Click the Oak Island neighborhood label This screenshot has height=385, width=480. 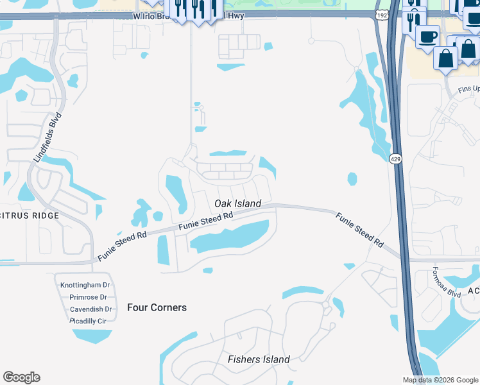(x=237, y=203)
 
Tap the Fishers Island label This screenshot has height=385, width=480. (x=259, y=359)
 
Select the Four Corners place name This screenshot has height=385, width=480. (x=157, y=307)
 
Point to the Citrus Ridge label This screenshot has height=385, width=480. (x=30, y=216)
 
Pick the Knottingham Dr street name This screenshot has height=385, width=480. (x=85, y=285)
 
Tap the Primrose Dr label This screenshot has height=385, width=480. (x=88, y=297)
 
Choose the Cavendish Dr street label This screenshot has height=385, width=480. (x=90, y=309)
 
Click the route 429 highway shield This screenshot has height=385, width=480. (x=395, y=158)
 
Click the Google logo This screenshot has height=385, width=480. (x=21, y=377)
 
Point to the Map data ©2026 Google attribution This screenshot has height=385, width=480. (x=440, y=380)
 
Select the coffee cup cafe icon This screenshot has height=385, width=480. (x=427, y=36)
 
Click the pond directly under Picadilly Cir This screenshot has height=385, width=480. (x=93, y=336)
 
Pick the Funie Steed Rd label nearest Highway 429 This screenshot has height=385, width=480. (x=359, y=230)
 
